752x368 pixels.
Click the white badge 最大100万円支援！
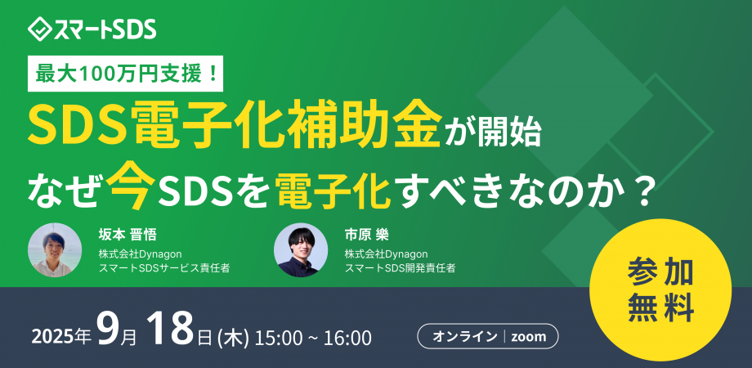point(130,75)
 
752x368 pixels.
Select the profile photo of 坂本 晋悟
point(54,249)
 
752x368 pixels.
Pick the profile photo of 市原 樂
point(300,249)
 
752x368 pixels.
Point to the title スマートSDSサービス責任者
point(163,267)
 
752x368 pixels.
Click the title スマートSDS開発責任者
point(400,267)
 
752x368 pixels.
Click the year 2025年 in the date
point(60,336)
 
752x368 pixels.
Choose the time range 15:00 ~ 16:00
point(315,336)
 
